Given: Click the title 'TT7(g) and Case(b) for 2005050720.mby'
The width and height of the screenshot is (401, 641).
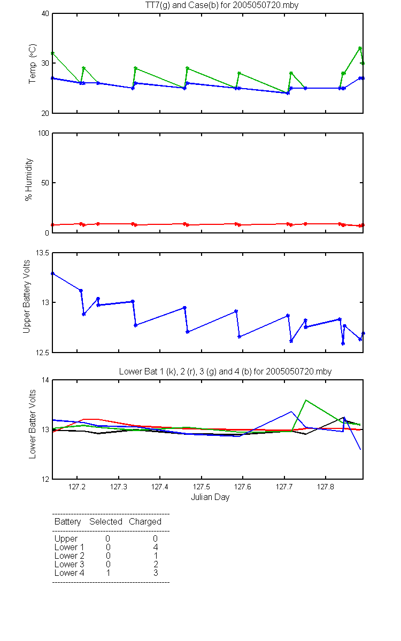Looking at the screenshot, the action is (222, 5).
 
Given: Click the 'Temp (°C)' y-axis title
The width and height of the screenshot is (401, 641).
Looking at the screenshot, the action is (33, 64).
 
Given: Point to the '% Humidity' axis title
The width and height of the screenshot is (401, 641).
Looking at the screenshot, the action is (29, 179).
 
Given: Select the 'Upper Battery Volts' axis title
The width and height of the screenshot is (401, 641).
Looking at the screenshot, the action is (26, 296).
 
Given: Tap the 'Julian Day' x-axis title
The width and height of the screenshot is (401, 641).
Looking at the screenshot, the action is (210, 497).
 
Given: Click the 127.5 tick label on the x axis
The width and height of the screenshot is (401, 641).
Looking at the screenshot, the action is (202, 487).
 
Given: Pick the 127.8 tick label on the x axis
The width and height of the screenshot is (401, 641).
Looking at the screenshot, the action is (326, 487).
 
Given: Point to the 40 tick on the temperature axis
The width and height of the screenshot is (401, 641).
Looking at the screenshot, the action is (45, 14).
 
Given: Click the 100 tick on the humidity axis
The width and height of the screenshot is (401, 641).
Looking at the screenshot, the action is (43, 133).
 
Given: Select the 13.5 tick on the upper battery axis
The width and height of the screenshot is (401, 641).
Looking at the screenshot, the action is (42, 253).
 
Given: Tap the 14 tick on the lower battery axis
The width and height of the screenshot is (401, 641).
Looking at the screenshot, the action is (45, 380).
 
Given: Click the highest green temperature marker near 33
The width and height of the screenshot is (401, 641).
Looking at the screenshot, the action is (360, 48).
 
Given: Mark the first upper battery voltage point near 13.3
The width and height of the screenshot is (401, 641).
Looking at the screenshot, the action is (53, 273).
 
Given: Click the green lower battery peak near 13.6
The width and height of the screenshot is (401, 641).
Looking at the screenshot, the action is (306, 400).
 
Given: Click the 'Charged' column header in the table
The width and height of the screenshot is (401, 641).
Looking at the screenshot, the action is (145, 522).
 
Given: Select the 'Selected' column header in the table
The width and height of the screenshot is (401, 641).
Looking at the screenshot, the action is (106, 521).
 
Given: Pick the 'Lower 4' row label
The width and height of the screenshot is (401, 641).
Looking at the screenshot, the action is (70, 573).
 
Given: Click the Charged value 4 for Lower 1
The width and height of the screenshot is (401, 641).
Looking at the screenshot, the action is (156, 547).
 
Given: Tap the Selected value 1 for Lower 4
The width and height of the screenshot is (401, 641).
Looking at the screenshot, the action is (108, 573).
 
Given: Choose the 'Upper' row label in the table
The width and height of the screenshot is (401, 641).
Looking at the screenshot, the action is (66, 539).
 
